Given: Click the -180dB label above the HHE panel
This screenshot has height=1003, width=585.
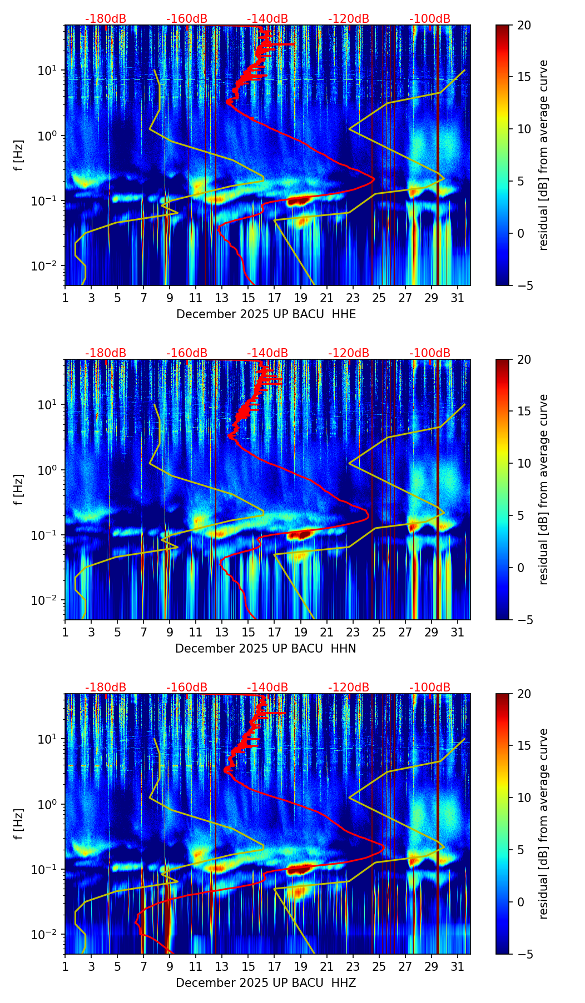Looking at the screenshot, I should (x=106, y=19).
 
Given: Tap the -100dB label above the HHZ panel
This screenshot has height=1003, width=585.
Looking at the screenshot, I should (x=430, y=688).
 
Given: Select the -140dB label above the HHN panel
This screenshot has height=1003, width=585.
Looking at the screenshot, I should (x=267, y=353).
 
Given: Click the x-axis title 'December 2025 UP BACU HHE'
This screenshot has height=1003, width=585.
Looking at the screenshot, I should (x=266, y=314).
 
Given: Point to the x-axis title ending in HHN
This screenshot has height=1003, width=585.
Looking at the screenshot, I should (x=266, y=649).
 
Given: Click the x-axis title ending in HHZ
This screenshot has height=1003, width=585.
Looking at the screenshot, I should (x=266, y=983).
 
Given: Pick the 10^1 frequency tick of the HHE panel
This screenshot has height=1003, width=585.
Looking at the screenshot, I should (x=47, y=71).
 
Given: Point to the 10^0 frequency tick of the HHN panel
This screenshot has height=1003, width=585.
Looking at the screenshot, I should (x=47, y=470).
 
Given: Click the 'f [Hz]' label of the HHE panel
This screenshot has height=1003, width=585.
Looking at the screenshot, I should (x=19, y=155).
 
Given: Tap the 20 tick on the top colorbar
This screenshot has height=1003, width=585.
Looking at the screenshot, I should (x=523, y=25).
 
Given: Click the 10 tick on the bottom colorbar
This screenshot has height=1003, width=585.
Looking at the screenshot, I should (x=523, y=798).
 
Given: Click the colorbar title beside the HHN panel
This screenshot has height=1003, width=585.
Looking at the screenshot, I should (x=543, y=489).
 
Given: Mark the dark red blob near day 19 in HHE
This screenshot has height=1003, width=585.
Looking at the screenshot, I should (x=299, y=200).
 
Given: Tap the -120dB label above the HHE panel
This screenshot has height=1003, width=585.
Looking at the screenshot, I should (x=349, y=19).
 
